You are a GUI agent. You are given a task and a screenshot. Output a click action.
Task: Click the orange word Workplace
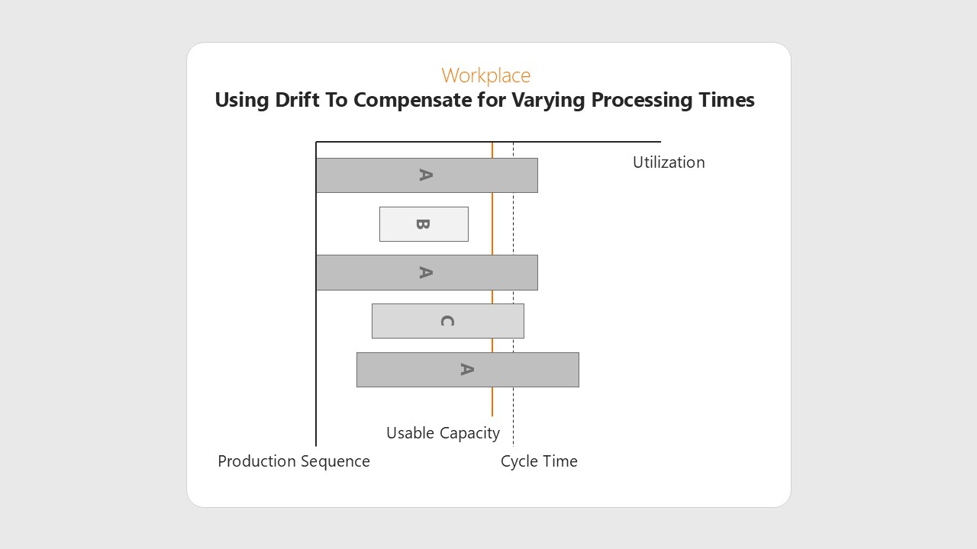tap(486, 75)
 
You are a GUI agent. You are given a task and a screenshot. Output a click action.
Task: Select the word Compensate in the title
tap(413, 101)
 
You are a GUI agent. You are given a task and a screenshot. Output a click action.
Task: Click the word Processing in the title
tap(641, 101)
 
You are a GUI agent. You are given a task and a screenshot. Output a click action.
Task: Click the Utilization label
tap(669, 162)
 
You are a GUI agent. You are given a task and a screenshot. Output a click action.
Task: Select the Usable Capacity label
tap(443, 434)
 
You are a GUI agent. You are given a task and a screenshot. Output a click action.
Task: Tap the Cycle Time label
tap(539, 461)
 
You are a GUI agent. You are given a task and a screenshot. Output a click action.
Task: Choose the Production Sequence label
tap(294, 461)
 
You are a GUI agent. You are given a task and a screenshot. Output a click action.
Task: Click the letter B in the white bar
tap(423, 224)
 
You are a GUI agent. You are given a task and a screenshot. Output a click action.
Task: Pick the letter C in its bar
tap(447, 321)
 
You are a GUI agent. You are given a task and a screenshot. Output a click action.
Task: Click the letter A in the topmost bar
tap(426, 175)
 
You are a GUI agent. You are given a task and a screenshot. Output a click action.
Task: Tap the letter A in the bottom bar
tap(467, 370)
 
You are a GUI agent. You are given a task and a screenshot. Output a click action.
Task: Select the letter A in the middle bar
tap(426, 273)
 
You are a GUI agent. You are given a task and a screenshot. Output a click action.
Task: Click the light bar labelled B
tap(424, 224)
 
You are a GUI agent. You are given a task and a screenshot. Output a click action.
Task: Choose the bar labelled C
tap(448, 321)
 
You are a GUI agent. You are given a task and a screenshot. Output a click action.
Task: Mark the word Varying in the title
tap(548, 101)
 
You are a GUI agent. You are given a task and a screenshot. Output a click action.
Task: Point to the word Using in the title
tap(242, 101)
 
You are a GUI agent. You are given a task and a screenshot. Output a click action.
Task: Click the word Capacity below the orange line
tap(469, 434)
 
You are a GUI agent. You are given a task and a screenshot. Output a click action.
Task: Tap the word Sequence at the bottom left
tap(335, 461)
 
